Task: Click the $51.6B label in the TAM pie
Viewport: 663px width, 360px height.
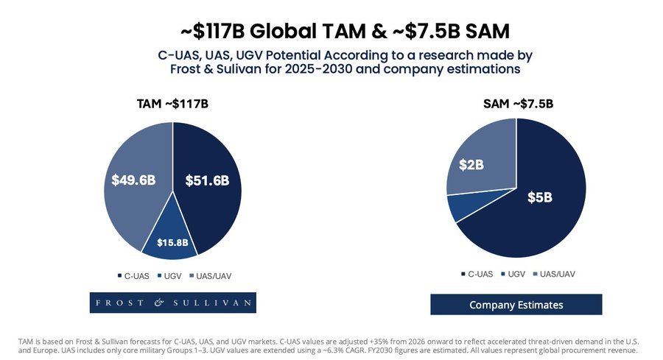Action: (207, 180)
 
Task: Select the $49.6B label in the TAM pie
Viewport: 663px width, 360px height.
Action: (133, 180)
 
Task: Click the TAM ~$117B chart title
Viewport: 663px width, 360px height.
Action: (173, 104)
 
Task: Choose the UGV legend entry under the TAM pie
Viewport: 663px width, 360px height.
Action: (171, 276)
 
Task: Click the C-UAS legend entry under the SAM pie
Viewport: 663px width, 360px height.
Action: (477, 274)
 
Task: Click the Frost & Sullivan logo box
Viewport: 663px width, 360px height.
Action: (172, 303)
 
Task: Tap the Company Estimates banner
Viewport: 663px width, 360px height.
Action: (516, 305)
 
